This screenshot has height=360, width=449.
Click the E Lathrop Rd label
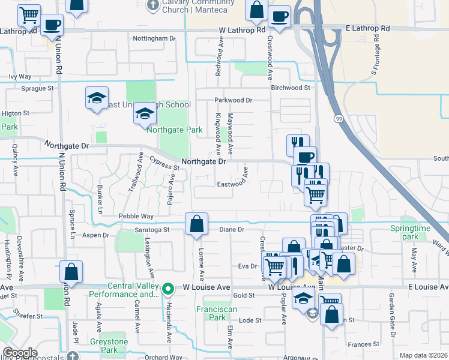pos(368,28)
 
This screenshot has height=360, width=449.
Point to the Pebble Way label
pos(136,216)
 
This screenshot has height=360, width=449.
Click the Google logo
pos(20,353)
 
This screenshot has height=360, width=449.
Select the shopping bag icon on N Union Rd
pos(71,272)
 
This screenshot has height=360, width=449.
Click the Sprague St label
pos(37,88)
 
